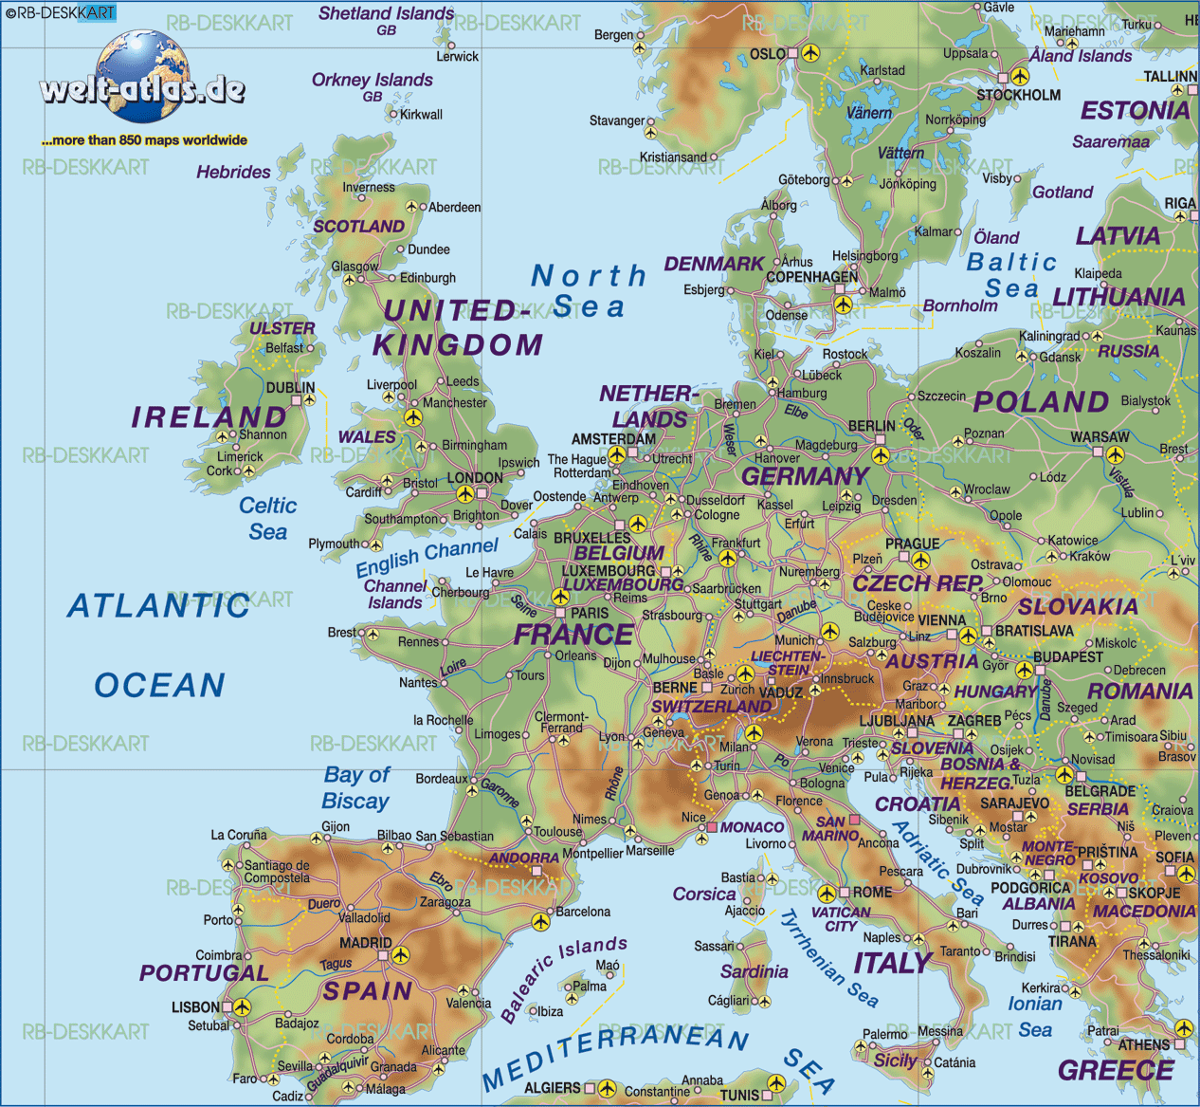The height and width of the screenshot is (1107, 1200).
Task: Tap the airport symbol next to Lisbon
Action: [242, 1006]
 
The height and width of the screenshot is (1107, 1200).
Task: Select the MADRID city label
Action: [365, 943]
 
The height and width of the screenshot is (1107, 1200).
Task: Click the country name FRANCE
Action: [573, 634]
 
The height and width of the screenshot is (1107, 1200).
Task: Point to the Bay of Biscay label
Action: [356, 788]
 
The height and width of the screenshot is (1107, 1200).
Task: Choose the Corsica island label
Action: [703, 894]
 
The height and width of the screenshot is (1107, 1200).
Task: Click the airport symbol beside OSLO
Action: [810, 54]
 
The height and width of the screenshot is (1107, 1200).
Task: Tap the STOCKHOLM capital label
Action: [1018, 95]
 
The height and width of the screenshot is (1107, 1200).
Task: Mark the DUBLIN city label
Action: [290, 387]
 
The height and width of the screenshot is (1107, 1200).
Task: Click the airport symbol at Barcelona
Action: [540, 921]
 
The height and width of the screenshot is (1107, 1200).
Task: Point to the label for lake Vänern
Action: [868, 113]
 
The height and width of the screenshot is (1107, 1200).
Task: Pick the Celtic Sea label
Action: [267, 519]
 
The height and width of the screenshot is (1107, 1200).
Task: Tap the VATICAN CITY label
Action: [841, 918]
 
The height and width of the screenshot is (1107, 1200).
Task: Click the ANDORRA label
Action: [523, 858]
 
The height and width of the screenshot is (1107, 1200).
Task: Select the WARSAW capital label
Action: [1100, 437]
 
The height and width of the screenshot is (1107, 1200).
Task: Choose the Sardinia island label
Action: [754, 971]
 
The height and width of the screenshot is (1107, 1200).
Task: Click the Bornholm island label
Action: [959, 305]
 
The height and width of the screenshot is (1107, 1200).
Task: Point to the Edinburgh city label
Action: [427, 278]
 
